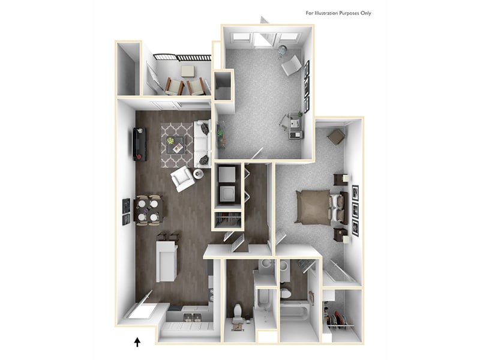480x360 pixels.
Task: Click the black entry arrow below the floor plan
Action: click(137, 342)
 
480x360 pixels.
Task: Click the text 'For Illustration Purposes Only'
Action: click(338, 13)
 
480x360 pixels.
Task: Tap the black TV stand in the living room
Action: click(139, 144)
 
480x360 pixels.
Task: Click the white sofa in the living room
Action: click(202, 144)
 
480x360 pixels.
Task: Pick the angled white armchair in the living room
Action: click(182, 178)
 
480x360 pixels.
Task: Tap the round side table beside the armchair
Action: click(198, 174)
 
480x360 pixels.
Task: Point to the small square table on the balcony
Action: click(188, 71)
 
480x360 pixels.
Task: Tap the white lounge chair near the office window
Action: click(291, 65)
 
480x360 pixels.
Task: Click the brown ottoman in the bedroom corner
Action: click(336, 137)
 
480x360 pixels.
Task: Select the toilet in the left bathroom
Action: click(238, 312)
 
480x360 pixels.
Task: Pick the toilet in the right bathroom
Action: click(286, 293)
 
